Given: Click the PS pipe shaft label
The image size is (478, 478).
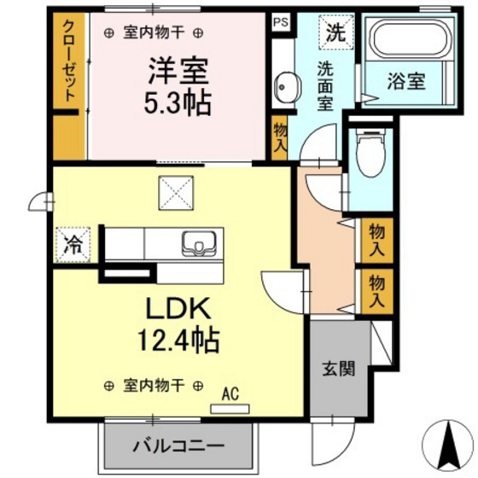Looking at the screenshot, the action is click(281, 22).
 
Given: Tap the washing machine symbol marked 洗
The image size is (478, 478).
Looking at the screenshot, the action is click(336, 32).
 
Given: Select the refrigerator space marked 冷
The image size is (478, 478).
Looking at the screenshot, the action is click(73, 245).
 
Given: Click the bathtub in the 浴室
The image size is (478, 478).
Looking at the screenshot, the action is click(411, 38).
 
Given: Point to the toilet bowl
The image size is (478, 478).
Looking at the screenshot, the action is click(370, 154).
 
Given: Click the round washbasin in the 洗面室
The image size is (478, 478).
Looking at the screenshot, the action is click(288, 86).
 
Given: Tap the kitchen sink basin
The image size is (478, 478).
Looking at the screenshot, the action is click(199, 243).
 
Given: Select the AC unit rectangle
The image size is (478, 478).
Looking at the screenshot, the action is click(230, 409).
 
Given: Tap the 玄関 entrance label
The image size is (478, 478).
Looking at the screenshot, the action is click(339, 369).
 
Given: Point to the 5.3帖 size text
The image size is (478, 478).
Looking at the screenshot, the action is click(178, 102).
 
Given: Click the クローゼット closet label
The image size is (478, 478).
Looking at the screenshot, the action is click(69, 61).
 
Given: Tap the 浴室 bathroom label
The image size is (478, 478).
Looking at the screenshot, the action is click(406, 81).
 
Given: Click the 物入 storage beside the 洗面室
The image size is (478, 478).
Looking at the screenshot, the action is click(280, 137).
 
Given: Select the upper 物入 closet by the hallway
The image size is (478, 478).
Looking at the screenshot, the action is click(376, 240).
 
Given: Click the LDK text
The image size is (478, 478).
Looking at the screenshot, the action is click(178, 308).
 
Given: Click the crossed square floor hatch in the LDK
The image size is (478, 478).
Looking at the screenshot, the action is click(176, 193).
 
